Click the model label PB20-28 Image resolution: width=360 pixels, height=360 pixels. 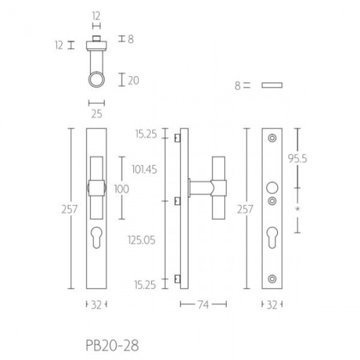coord(112,345)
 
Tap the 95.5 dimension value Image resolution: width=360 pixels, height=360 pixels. coord(297,158)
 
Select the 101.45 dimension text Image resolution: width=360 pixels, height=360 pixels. coord(145,169)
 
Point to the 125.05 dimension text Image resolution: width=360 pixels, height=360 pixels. coord(141,240)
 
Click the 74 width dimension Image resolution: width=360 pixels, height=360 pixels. coord(203,304)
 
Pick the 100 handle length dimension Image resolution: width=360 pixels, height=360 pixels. coord(122,189)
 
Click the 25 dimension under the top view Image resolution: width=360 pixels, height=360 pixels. coord(97,114)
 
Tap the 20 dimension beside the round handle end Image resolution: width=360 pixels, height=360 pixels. coord(133,80)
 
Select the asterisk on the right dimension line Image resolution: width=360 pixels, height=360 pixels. coord(298,209)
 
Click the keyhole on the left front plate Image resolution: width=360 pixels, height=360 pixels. coord(97,238)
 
